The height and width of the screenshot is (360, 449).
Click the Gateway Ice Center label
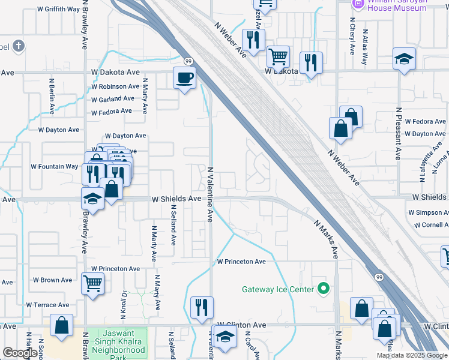pos(278,289)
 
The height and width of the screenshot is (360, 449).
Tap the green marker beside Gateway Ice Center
pos(324,289)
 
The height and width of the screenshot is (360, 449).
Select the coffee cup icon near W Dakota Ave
pos(185,77)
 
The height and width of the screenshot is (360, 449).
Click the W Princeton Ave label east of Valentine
pos(241,262)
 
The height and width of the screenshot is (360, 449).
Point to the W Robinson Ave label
pos(115,86)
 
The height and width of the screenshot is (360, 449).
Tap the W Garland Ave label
pos(113,98)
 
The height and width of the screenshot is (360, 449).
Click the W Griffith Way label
pos(58,10)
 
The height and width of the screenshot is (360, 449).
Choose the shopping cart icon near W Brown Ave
pos(92,282)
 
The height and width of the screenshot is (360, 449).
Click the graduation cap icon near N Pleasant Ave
pos(405,59)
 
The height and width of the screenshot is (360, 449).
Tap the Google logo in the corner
pos(20,353)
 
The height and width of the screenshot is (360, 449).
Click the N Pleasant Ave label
pos(398,134)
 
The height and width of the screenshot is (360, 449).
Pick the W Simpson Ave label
pos(428,212)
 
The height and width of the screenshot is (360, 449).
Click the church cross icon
pos(19,46)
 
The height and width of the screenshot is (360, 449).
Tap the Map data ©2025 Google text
pos(411,355)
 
